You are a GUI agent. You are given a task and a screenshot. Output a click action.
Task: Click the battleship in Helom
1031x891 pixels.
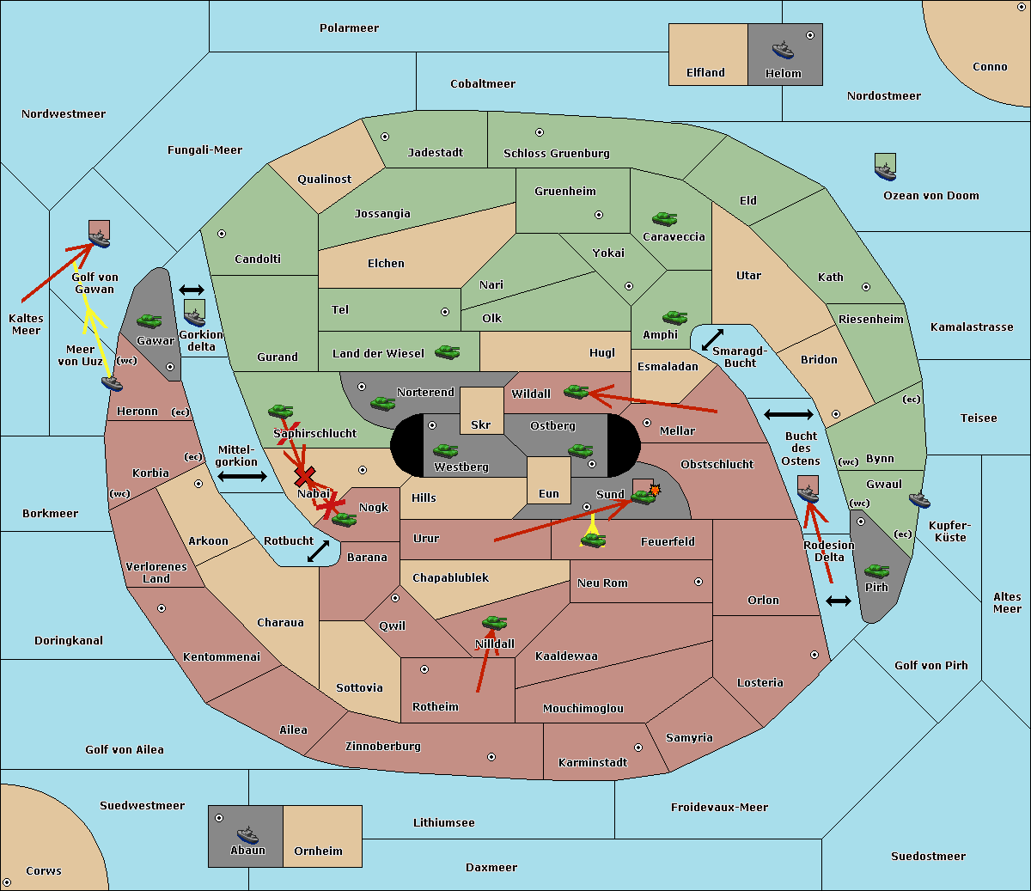pos(783,50)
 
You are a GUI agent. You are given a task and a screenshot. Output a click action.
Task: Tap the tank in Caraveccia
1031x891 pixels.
pos(664,218)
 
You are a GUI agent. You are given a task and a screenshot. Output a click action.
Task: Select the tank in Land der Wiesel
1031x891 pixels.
pos(447,351)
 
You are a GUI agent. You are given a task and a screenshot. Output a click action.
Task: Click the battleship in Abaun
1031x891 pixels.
pos(247,834)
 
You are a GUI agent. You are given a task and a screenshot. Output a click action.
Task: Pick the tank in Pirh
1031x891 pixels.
pos(876,571)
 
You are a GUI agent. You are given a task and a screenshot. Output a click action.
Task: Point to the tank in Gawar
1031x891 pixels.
pos(149,320)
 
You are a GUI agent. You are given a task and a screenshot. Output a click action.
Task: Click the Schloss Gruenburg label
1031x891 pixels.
pos(556,153)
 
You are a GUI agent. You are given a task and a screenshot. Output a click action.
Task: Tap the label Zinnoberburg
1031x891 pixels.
pos(383,747)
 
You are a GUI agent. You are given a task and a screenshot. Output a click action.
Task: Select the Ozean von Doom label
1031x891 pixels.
pos(930,196)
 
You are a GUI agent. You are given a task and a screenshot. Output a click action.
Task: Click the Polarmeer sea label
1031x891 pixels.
pos(349,28)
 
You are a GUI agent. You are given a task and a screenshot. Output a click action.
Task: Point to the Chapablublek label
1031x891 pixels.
pos(450,577)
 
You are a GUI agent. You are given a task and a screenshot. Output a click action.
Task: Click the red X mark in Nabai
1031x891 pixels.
pos(304,476)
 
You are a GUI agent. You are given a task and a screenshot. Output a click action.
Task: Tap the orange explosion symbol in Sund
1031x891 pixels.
pos(655,490)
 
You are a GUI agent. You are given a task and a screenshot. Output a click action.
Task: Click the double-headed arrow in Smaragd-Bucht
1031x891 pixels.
pos(712,339)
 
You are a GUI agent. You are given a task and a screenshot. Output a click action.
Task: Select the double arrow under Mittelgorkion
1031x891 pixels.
pos(242,476)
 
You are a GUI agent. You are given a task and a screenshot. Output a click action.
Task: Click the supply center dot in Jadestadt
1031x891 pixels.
pos(385,137)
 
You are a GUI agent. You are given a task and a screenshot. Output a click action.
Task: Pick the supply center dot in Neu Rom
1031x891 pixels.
pos(699,582)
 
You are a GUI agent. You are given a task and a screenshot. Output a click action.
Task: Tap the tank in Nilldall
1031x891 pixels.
pos(494,623)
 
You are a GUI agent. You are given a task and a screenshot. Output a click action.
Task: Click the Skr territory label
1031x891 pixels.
pos(480,424)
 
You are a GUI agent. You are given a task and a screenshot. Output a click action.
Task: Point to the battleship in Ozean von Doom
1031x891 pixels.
pos(885,171)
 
